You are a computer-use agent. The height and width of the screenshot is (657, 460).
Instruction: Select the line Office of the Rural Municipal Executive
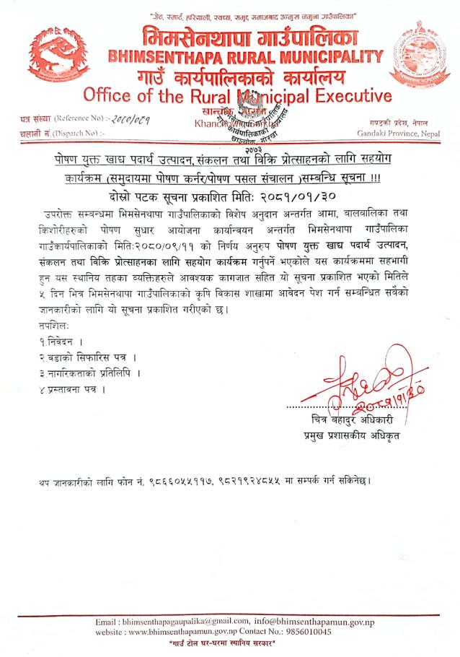[x=238, y=96]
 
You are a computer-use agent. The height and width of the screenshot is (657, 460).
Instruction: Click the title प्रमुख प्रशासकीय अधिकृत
[x=352, y=437]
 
